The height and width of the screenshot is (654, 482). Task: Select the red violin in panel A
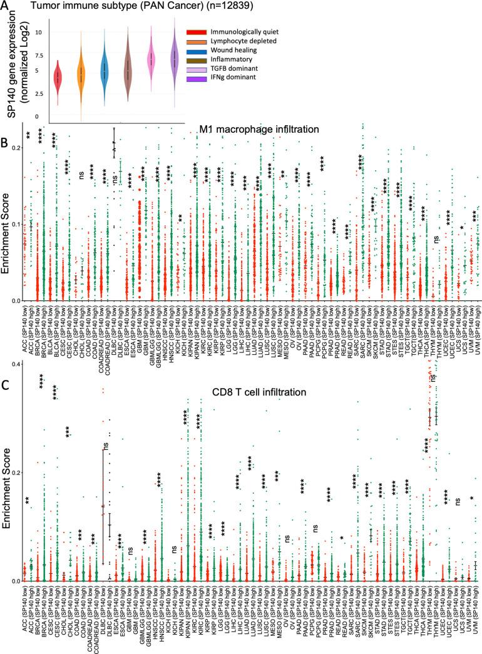(58, 77)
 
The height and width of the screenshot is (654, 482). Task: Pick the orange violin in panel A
(81, 74)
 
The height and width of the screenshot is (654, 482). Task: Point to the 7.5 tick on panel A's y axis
(39, 55)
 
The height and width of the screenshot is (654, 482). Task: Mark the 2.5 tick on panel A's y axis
(39, 94)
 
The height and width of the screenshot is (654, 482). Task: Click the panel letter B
(6, 143)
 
